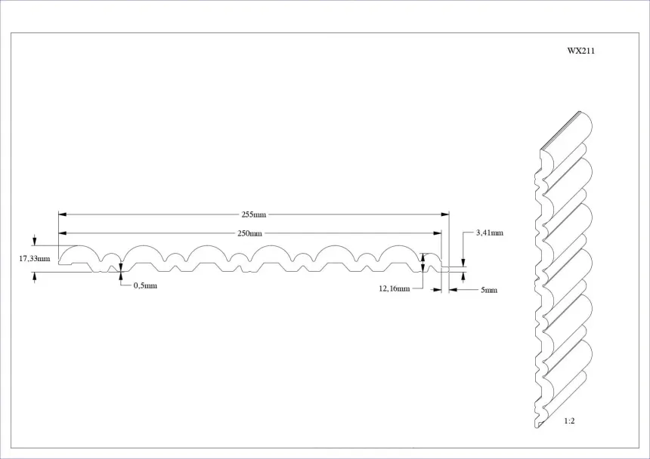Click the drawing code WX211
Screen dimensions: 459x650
(x=580, y=51)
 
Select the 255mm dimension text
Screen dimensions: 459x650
(x=254, y=214)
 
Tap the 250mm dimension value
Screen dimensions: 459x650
(x=250, y=233)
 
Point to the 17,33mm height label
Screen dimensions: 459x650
(x=34, y=259)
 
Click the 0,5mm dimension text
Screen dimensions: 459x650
(x=145, y=286)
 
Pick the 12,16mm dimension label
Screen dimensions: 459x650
(x=395, y=288)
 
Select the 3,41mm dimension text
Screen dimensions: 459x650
(x=489, y=233)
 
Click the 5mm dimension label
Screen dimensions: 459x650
(x=489, y=290)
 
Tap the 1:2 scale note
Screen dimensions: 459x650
(x=569, y=420)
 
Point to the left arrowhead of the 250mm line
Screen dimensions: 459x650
(x=63, y=233)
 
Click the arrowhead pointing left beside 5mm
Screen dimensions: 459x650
(x=453, y=289)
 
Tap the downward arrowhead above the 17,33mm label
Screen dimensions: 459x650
(x=34, y=242)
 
